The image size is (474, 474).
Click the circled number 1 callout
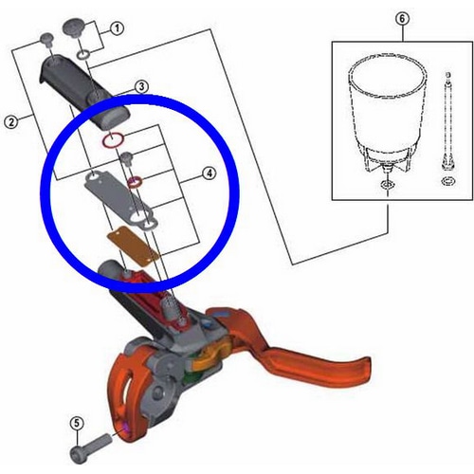pos(117,28)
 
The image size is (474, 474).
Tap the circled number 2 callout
pos(11,122)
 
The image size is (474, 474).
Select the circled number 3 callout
pos(141,86)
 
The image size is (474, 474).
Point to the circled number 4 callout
pos(210,173)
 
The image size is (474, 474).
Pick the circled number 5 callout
pos(77,423)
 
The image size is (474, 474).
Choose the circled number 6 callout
pos(402,19)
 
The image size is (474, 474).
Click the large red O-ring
pos(113,139)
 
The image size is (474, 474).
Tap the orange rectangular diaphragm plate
pos(134,246)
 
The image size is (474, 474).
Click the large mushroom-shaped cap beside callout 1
pos(74,28)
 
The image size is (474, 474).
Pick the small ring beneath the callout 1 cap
pos(84,55)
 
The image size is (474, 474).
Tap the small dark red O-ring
pos(136,182)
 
